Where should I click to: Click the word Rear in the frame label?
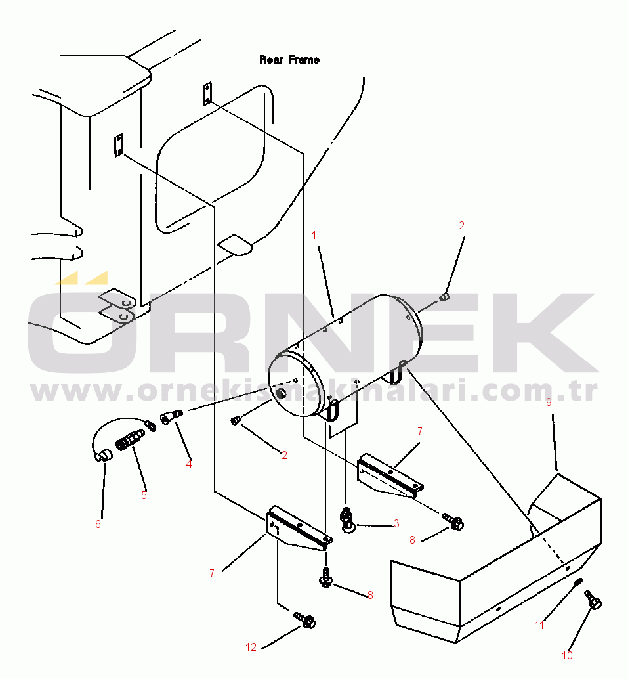(x=271, y=60)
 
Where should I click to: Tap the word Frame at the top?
(x=304, y=60)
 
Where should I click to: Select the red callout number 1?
(x=314, y=235)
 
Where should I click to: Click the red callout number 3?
(x=396, y=523)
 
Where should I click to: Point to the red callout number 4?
(x=189, y=464)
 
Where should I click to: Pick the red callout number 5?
(x=144, y=495)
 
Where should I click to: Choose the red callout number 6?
(x=98, y=524)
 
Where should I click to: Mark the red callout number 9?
(x=549, y=402)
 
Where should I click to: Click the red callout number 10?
(x=567, y=655)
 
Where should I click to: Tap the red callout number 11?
(x=539, y=625)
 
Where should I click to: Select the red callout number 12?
(x=251, y=647)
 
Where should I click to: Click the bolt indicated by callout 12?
(x=305, y=621)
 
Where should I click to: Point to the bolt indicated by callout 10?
(x=593, y=600)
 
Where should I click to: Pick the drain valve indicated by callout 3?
(x=347, y=519)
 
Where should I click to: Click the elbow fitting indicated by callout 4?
(x=171, y=417)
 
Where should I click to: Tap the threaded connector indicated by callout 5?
(x=130, y=440)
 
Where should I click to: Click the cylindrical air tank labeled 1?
(x=345, y=355)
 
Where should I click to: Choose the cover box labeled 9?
(x=496, y=558)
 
